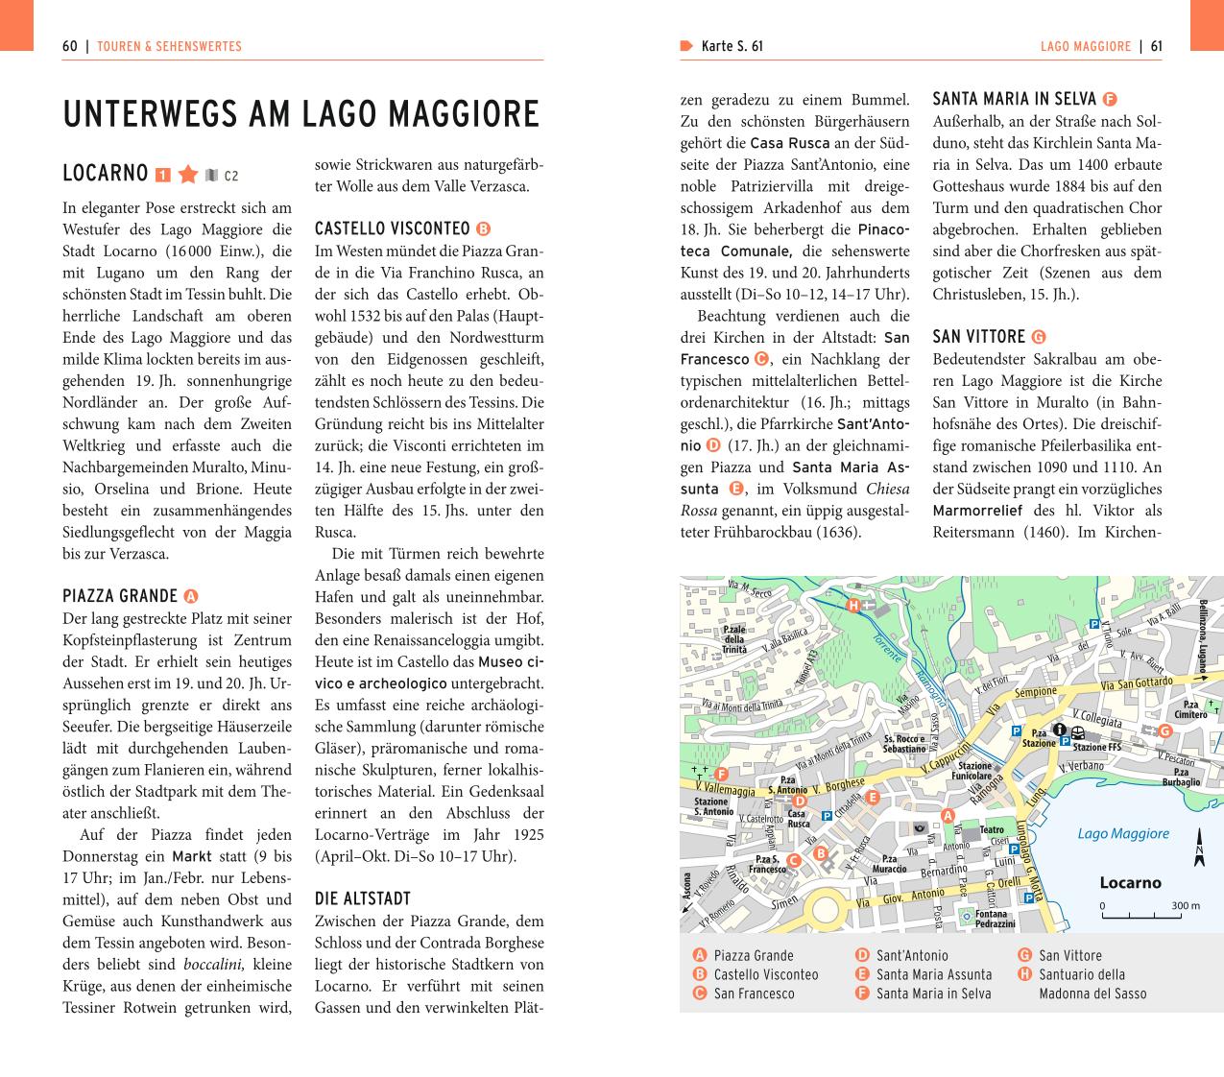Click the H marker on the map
pyautogui.click(x=852, y=605)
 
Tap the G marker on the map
pyautogui.click(x=1164, y=730)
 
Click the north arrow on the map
pyautogui.click(x=1199, y=849)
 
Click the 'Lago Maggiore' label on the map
pyautogui.click(x=1123, y=833)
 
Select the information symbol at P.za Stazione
pyautogui.click(x=1060, y=730)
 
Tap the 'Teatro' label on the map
pyautogui.click(x=991, y=830)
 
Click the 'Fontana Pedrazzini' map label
pyautogui.click(x=995, y=919)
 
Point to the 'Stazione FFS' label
pyautogui.click(x=1096, y=747)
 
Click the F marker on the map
pyautogui.click(x=721, y=775)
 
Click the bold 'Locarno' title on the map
pyautogui.click(x=1130, y=882)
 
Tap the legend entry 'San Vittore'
pyautogui.click(x=1069, y=955)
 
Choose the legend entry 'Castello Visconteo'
pyautogui.click(x=765, y=974)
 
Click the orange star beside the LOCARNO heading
pyautogui.click(x=188, y=174)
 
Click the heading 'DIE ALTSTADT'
pyautogui.click(x=363, y=898)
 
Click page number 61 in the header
pyautogui.click(x=1156, y=46)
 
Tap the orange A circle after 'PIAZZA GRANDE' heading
pyautogui.click(x=190, y=596)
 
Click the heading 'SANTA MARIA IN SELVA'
pyautogui.click(x=1014, y=98)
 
